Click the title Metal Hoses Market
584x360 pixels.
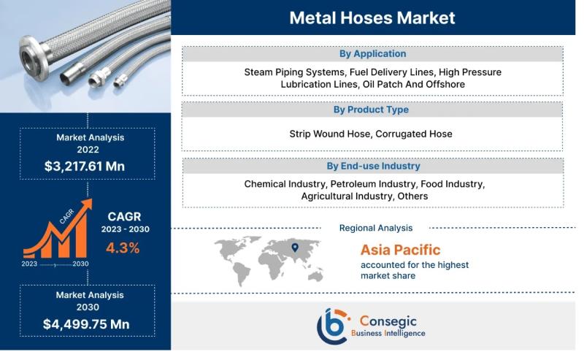372,18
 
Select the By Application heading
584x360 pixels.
372,53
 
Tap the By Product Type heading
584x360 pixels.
371,110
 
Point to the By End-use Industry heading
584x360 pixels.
373,166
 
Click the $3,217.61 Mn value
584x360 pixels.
85,166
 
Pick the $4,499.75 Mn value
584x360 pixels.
86,324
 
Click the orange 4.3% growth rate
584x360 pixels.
123,248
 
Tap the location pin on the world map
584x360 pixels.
295,248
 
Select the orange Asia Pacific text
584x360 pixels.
400,250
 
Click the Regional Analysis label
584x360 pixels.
376,228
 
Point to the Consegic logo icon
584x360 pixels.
334,326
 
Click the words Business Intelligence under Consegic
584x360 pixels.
388,333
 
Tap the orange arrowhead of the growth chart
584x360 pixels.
87,204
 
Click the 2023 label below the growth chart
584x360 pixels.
29,264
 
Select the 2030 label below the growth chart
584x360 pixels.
80,264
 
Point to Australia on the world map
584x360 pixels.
315,276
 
